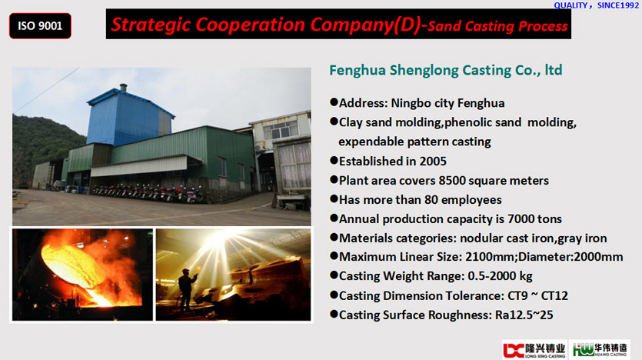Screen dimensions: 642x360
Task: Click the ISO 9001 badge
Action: (x=40, y=26)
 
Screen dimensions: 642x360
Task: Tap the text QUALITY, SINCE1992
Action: (x=596, y=5)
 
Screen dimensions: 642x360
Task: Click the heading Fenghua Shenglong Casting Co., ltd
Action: (x=445, y=71)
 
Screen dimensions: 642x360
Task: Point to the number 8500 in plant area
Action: (x=452, y=180)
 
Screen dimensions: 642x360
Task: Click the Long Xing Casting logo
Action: (x=534, y=350)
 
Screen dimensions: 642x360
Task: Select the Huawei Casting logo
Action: (x=600, y=350)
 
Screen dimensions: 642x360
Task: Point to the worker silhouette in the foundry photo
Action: (x=186, y=289)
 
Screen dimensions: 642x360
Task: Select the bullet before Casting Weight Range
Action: (x=334, y=275)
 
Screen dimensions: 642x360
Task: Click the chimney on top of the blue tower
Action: (x=123, y=88)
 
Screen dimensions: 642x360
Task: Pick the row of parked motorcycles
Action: (x=148, y=192)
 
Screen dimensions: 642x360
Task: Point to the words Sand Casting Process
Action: (x=497, y=26)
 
